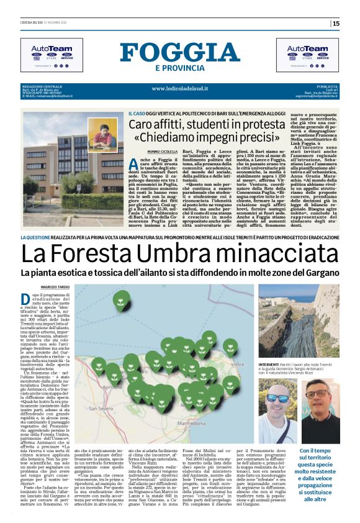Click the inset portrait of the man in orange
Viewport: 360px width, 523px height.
point(102,135)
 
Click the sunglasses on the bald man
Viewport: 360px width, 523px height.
point(277,398)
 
